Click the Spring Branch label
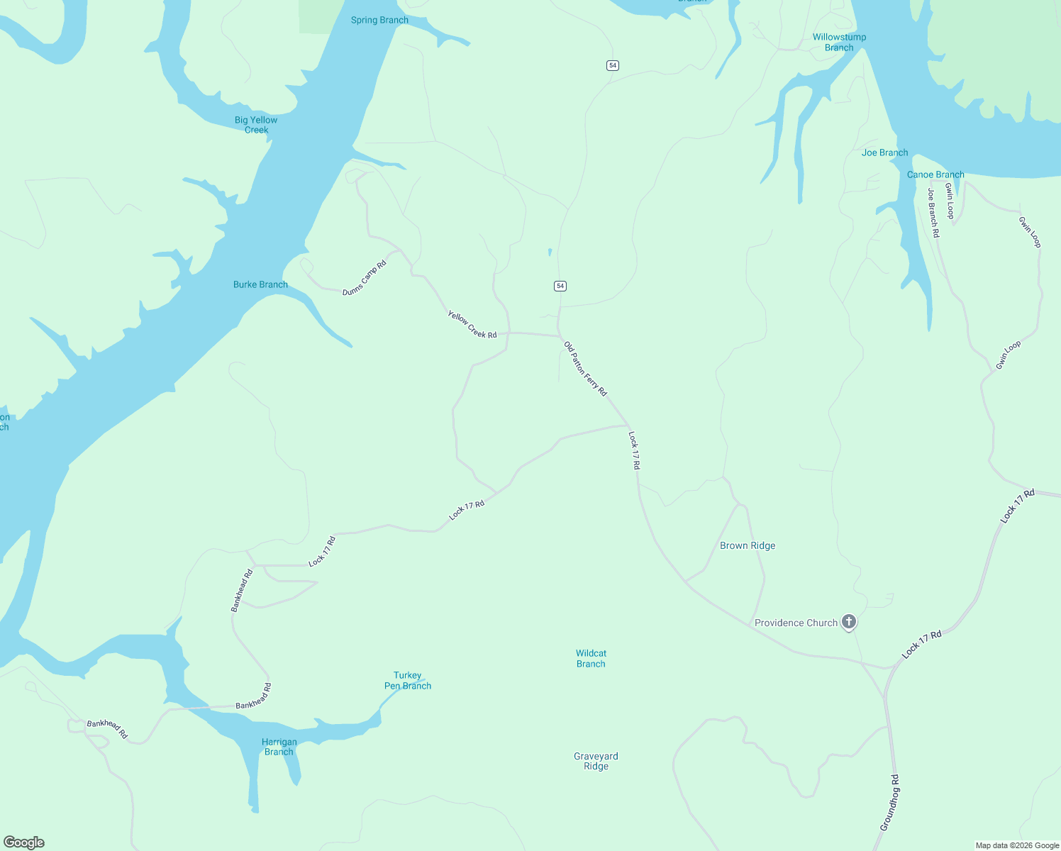pos(379,20)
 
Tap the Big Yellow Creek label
pos(256,125)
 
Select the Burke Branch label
pos(260,284)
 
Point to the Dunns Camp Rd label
pos(365,278)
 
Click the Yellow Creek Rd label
pos(472,324)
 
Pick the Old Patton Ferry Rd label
pos(585,369)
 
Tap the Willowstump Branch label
pos(839,42)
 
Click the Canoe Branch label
pos(935,174)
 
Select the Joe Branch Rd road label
pos(933,213)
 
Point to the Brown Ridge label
pos(748,545)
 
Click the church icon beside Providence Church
pos(849,622)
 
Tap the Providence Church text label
pos(796,623)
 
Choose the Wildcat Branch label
pos(591,658)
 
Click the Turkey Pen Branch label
pos(408,680)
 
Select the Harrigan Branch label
pos(279,747)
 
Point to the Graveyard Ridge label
pos(596,761)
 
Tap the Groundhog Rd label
pos(889,802)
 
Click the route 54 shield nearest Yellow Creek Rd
pos(560,286)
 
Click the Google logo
pos(24,842)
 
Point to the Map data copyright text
pos(1017,845)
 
